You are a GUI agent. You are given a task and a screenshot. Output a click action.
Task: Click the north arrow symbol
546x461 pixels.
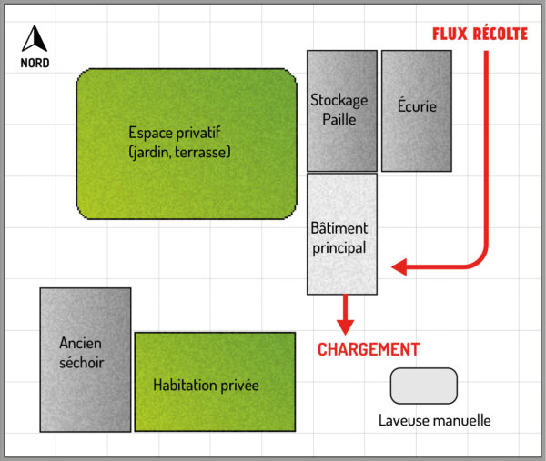point(35,39)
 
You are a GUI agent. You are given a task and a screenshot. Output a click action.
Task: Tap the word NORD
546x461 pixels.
point(35,64)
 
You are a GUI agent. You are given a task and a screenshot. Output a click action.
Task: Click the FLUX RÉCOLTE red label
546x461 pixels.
point(478,34)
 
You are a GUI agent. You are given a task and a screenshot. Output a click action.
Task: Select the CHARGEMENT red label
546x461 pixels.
point(368,349)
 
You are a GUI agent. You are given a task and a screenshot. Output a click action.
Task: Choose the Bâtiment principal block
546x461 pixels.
point(341,235)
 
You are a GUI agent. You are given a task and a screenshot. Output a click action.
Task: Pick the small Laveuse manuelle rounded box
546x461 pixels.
point(423,386)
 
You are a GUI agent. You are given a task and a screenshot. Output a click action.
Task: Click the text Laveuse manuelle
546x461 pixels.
point(434,420)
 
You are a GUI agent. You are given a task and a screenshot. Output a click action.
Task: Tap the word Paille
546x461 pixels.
point(339,119)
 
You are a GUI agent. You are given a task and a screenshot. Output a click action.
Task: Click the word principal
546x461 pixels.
point(339,247)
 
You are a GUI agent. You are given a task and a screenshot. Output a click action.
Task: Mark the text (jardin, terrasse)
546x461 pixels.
point(179,152)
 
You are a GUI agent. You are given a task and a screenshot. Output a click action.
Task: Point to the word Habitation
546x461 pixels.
point(185,386)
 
